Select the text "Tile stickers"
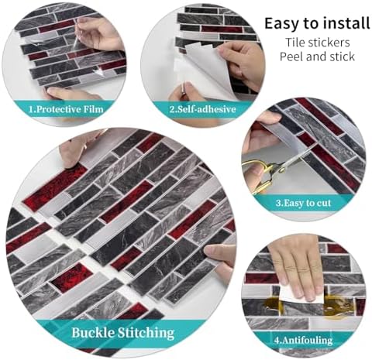[318, 43]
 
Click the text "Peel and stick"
[317, 57]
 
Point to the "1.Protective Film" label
[66, 109]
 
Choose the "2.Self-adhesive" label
[202, 109]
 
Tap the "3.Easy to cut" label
[303, 203]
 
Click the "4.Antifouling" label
[303, 340]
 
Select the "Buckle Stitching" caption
[123, 332]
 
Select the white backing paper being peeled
[204, 68]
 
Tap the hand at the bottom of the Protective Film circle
[71, 94]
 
